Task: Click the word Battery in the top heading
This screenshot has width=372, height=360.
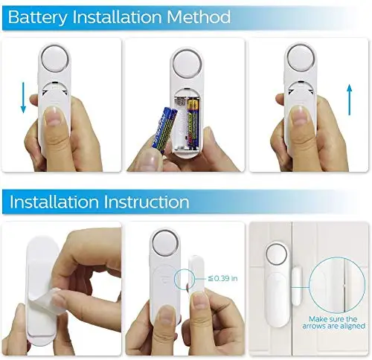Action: tap(38, 17)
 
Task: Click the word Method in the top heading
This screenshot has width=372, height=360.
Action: tap(199, 17)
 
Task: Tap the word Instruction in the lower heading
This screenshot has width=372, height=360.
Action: tap(147, 202)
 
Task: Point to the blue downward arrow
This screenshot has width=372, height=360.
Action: tap(23, 97)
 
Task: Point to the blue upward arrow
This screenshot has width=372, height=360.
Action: tap(350, 100)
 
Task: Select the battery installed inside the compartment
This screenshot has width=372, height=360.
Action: tap(193, 123)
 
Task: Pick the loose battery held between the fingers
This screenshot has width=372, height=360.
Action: tap(164, 129)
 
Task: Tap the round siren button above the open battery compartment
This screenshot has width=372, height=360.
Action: tap(187, 65)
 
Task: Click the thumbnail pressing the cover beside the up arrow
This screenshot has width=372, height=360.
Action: tap(300, 116)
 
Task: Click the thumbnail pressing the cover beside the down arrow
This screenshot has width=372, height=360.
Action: tap(54, 116)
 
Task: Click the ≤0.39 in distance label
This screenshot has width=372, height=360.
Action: tap(222, 278)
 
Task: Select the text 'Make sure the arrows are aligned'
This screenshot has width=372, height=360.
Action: tap(333, 322)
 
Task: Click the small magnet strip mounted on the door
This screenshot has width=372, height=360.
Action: tap(297, 286)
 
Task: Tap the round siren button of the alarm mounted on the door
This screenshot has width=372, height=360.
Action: tap(277, 255)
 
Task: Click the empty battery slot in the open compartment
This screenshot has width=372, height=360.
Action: tap(181, 123)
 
